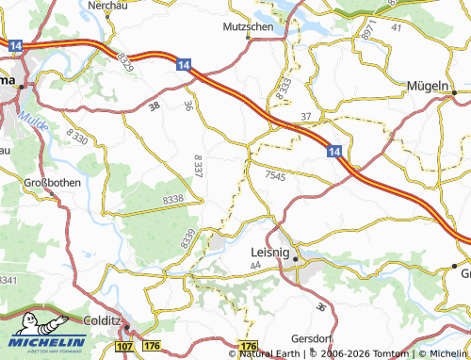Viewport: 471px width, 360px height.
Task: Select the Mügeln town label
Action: [x=427, y=86]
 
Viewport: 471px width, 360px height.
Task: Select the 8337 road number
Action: [x=198, y=167]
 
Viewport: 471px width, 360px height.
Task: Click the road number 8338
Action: [x=173, y=200]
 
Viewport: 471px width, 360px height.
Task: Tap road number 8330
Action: [x=77, y=139]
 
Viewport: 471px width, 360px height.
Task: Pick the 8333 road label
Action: [x=284, y=90]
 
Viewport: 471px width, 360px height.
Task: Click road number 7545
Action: [x=274, y=175]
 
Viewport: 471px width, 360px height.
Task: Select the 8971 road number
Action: [x=367, y=29]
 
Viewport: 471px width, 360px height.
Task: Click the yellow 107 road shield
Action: [x=124, y=348]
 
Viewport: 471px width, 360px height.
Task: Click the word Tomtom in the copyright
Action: [x=387, y=353]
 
